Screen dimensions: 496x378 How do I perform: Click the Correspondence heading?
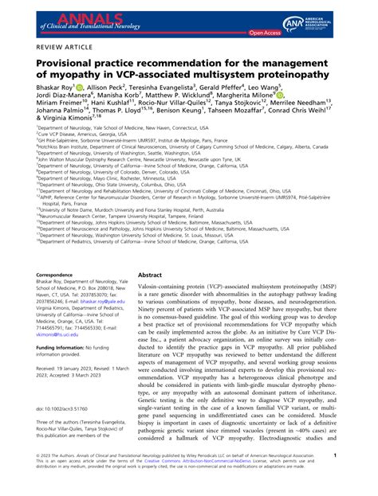point(40,275)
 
